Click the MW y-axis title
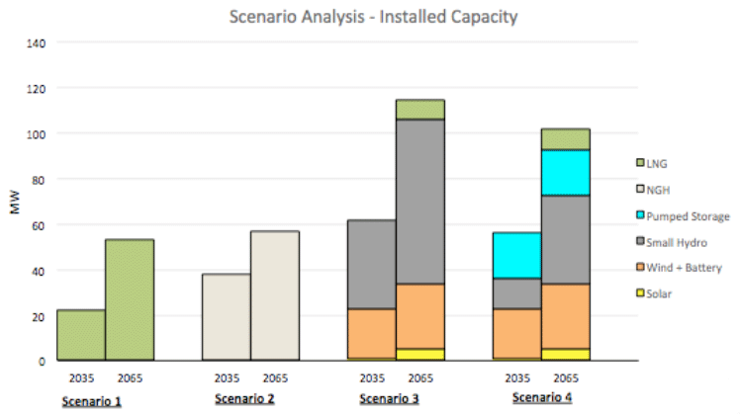pos(14,204)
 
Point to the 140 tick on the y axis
pos(38,42)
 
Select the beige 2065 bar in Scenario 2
pos(275,295)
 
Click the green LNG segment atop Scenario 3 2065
pos(420,109)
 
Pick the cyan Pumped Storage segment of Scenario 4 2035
pos(516,255)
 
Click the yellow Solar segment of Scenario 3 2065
pos(420,355)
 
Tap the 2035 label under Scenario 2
pos(227,376)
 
